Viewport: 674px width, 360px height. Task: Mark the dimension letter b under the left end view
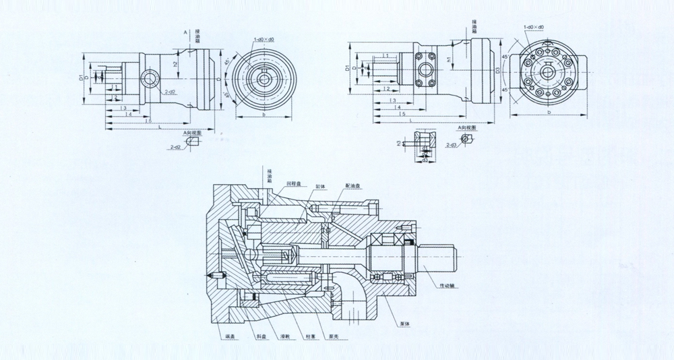[x=264, y=115]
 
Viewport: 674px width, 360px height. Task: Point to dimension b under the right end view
[x=549, y=112]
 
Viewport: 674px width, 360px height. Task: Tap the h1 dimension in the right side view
[x=448, y=60]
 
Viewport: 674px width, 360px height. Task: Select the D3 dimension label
[x=498, y=70]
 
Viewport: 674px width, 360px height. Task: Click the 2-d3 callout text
[x=452, y=144]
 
